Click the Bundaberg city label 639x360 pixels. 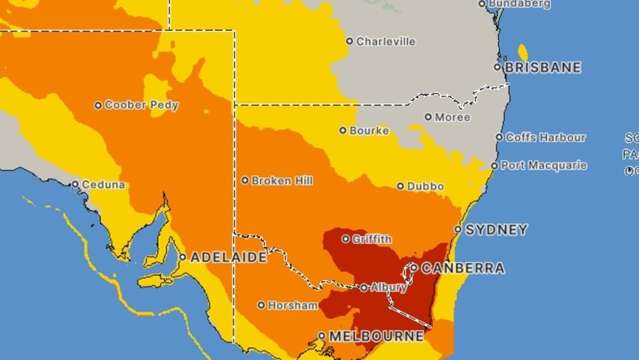519,4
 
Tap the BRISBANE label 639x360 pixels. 543,68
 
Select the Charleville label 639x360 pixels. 385,41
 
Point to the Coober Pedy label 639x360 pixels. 142,105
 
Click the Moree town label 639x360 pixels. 453,118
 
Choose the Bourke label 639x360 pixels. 370,130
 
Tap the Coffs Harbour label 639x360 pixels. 546,137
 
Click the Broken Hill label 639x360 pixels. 282,181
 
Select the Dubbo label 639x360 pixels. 425,186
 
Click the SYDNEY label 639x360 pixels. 496,231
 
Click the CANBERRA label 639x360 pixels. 463,268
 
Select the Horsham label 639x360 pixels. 293,305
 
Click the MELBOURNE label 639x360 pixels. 376,336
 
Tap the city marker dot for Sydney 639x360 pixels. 458,230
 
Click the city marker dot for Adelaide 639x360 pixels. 182,257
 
